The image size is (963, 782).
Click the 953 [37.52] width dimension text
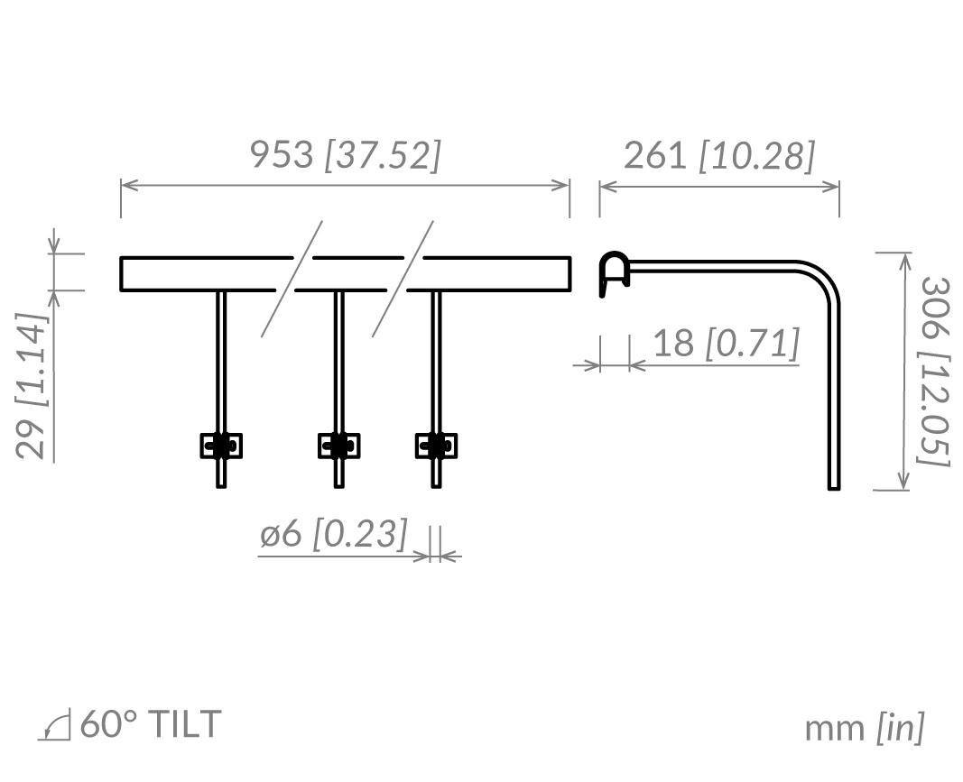tap(345, 155)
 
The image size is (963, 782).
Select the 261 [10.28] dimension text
tap(719, 155)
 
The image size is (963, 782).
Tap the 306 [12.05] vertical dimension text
tap(934, 372)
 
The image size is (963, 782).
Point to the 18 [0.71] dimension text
tap(726, 343)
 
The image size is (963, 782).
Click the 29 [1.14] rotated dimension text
tap(31, 386)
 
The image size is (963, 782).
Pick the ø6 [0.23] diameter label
tap(334, 533)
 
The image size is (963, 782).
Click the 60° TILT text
tap(151, 723)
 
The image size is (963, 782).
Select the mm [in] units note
tap(864, 728)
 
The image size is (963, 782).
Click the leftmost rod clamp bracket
tap(221, 446)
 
